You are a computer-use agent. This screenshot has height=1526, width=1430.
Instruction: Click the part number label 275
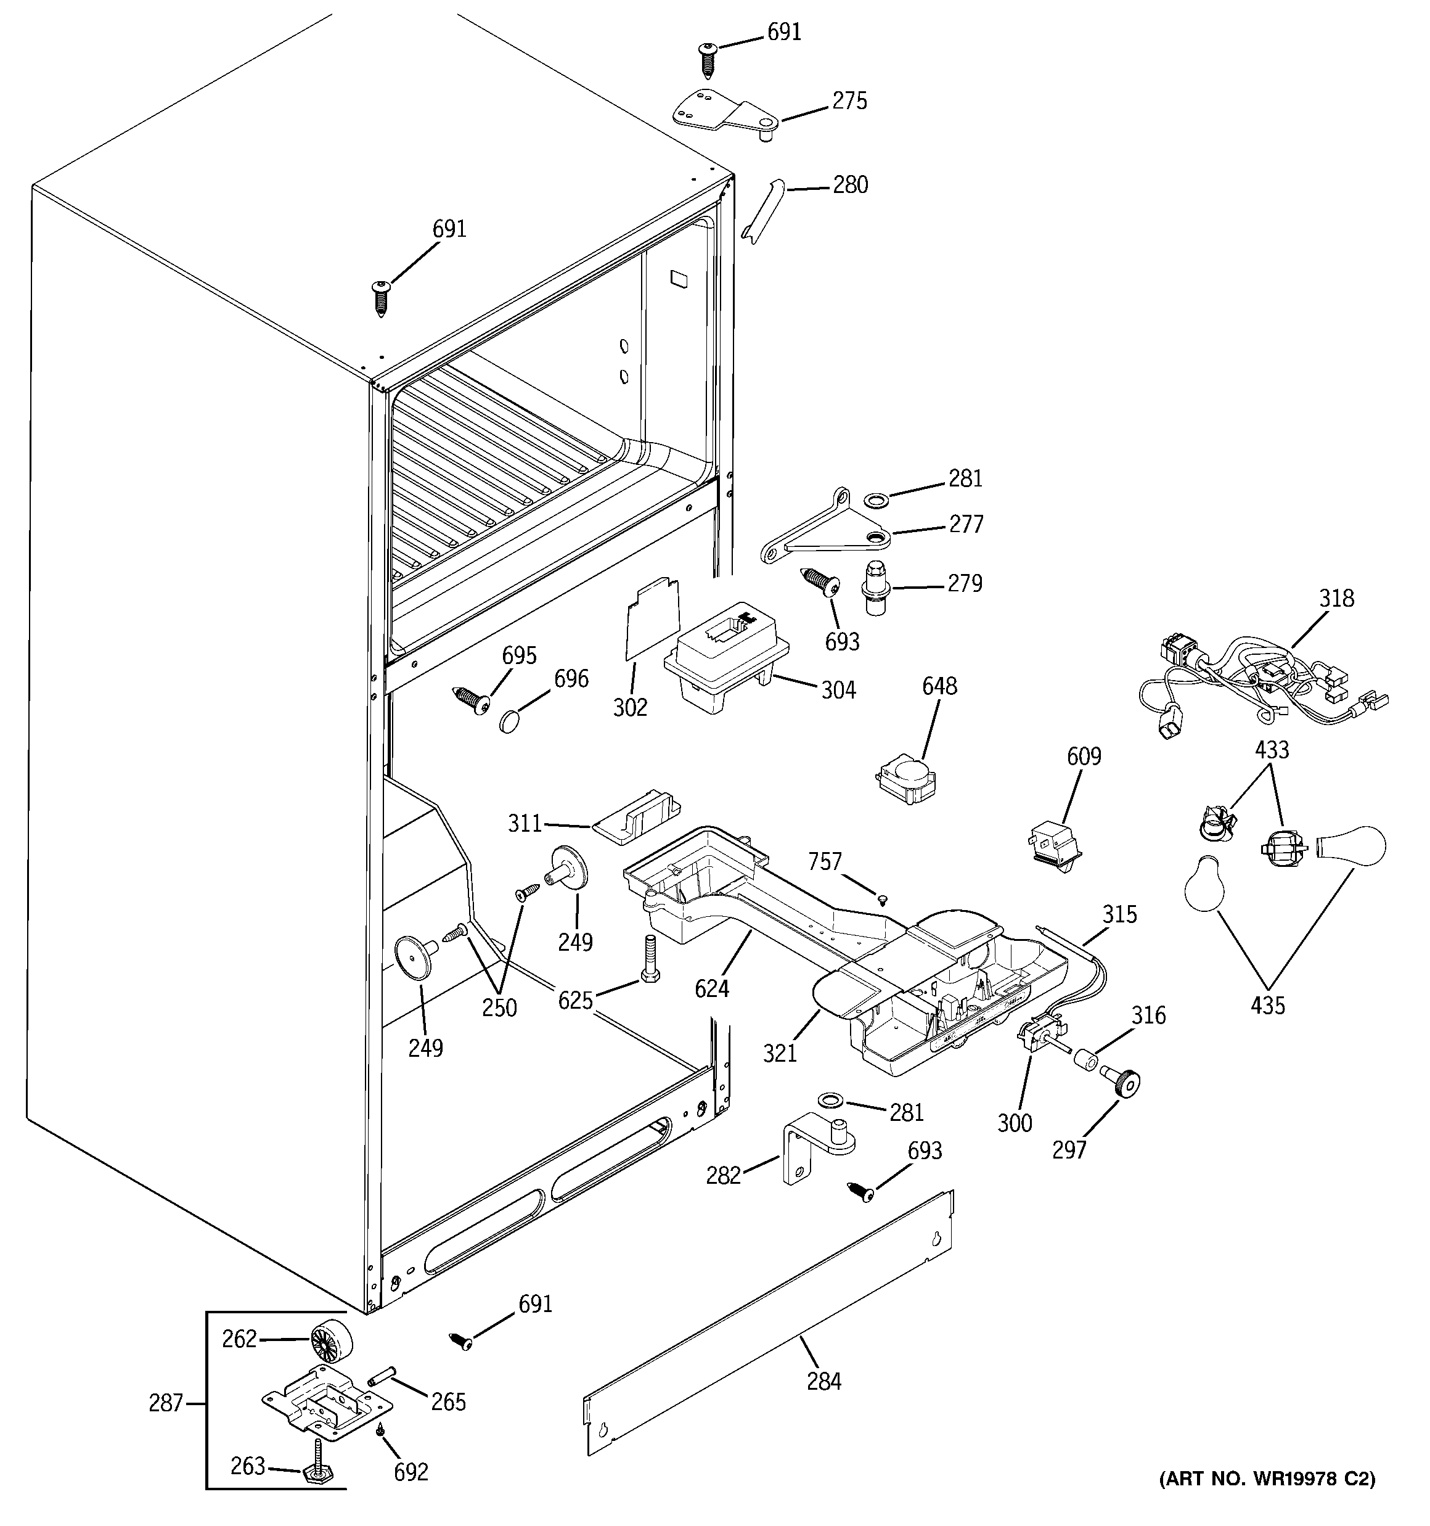click(849, 101)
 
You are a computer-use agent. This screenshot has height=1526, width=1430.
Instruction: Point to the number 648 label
click(939, 686)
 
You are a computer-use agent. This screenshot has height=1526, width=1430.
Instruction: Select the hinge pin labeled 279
click(874, 587)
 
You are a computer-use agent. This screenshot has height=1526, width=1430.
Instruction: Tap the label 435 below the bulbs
click(1267, 1005)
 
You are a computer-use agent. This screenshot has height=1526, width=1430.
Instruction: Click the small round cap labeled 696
click(510, 721)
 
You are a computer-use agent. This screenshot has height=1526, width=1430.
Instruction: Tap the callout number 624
click(711, 990)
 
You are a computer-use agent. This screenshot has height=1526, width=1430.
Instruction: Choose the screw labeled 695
click(472, 698)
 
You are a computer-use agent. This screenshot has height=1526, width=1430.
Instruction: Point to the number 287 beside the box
click(166, 1403)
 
